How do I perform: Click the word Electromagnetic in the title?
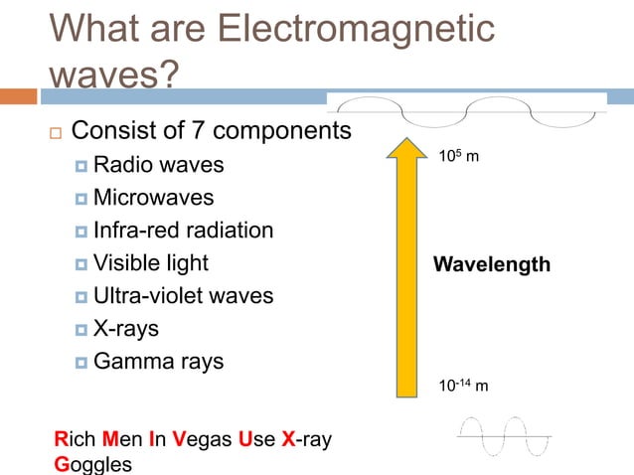pyautogui.click(x=355, y=30)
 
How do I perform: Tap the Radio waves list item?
pyautogui.click(x=158, y=164)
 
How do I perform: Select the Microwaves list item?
pyautogui.click(x=153, y=198)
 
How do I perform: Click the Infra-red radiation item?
pyautogui.click(x=183, y=231)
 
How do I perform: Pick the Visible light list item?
pyautogui.click(x=151, y=263)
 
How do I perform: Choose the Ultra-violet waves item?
pyautogui.click(x=183, y=296)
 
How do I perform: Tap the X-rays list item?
pyautogui.click(x=125, y=329)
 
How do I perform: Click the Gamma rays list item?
pyautogui.click(x=158, y=362)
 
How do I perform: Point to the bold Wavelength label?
pyautogui.click(x=491, y=265)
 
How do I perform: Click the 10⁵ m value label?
pyautogui.click(x=458, y=157)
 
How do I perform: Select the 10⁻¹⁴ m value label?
pyautogui.click(x=463, y=386)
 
